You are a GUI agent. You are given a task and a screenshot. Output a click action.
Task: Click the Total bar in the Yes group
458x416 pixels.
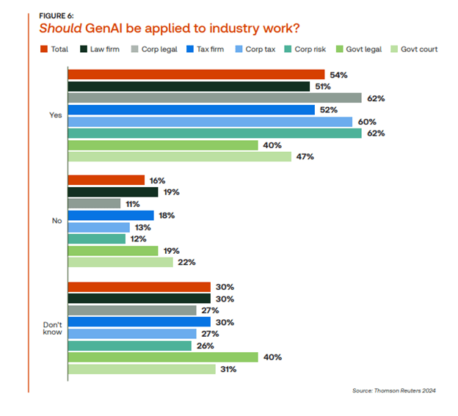(196, 74)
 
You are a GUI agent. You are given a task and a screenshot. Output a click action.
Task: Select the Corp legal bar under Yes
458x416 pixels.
(214, 98)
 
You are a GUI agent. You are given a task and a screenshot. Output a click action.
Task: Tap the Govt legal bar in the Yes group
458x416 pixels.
(163, 145)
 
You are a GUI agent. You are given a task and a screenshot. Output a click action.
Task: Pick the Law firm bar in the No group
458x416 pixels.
(113, 192)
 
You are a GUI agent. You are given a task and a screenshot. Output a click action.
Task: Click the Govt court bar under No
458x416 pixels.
(120, 263)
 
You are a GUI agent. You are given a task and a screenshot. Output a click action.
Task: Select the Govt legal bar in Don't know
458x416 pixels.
(163, 357)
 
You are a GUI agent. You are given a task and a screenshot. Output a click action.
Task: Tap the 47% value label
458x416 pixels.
(305, 157)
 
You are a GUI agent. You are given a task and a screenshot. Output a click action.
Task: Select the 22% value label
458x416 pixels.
(186, 263)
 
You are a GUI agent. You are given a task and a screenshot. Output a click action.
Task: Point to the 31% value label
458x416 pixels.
(228, 369)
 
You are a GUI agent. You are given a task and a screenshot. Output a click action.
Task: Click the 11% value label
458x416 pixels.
(133, 204)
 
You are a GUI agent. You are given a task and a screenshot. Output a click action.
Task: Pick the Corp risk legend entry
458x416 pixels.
(308, 49)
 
